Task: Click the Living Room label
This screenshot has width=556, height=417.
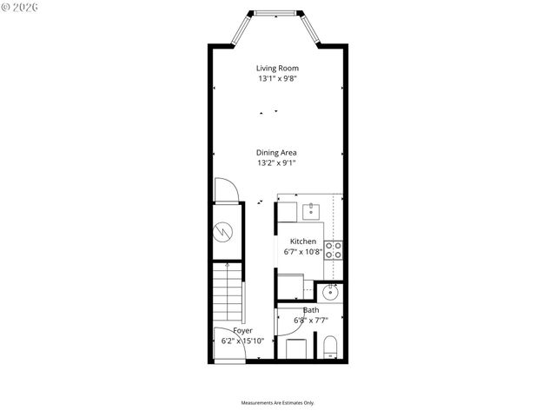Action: click(x=277, y=68)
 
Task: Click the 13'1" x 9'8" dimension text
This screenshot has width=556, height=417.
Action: click(x=277, y=78)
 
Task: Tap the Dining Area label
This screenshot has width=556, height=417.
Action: click(x=277, y=152)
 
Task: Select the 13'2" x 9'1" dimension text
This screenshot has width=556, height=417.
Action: click(x=277, y=162)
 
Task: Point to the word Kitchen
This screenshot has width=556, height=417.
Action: click(x=303, y=241)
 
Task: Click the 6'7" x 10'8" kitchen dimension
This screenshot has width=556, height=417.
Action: click(x=303, y=252)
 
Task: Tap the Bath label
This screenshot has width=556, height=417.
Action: click(x=310, y=310)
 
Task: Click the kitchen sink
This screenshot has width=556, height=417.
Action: click(x=313, y=209)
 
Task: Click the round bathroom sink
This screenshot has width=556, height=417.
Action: click(x=330, y=294)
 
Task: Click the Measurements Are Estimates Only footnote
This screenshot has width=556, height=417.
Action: click(x=277, y=403)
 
